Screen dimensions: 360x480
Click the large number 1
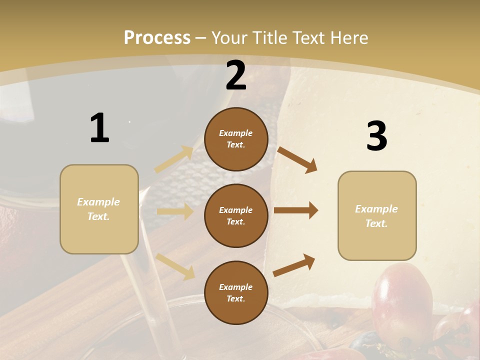(x=99, y=128)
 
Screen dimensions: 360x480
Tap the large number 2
(x=236, y=75)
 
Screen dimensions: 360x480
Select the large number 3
(x=376, y=136)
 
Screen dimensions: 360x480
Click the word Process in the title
(x=157, y=37)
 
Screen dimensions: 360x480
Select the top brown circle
(x=236, y=139)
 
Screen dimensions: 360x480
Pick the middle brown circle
(x=236, y=215)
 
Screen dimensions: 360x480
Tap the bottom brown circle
(x=236, y=292)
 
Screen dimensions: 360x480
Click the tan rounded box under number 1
(x=99, y=209)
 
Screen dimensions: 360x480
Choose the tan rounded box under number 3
(x=376, y=215)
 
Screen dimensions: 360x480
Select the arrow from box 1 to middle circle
(x=175, y=211)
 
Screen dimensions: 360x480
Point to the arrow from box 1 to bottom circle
(x=175, y=265)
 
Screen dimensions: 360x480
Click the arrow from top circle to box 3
(x=297, y=159)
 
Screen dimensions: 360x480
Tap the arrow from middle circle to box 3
(x=295, y=210)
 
